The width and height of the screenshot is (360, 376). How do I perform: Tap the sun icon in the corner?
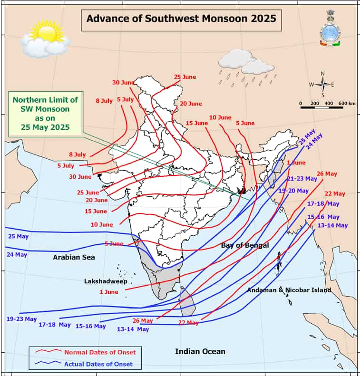[x=45, y=38]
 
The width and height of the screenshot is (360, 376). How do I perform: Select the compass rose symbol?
[x=322, y=85]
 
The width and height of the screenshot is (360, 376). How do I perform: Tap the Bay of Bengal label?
[x=245, y=245]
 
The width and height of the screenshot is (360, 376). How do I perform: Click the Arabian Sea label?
[x=74, y=257]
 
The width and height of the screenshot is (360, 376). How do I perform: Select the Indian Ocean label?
[x=200, y=351]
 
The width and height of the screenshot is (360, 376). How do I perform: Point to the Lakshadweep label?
[x=106, y=281]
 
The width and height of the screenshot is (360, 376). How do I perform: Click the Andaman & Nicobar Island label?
[x=289, y=290]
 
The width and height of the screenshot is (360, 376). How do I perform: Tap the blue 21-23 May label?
[x=302, y=179]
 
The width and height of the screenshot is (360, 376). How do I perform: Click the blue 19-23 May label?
[x=21, y=318]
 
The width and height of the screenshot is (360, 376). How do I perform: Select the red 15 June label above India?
[x=197, y=123]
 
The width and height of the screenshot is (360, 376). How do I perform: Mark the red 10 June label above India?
[x=220, y=117]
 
